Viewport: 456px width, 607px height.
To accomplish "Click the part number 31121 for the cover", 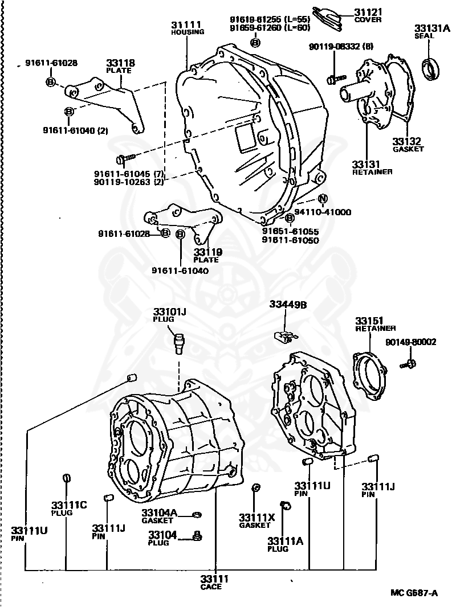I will (x=368, y=11).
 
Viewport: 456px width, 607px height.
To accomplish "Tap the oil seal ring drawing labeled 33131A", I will (x=432, y=68).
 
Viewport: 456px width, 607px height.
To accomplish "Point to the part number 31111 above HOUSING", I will (x=186, y=24).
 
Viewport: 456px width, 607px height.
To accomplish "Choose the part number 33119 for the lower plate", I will (x=207, y=252).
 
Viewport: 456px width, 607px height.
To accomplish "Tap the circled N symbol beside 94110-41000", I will (x=323, y=199).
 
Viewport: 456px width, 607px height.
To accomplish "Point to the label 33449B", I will (x=288, y=305).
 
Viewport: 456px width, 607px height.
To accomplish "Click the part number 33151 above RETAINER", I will (x=369, y=321).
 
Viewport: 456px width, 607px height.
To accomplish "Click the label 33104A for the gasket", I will (x=160, y=512).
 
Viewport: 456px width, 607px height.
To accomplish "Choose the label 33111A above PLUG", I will (x=286, y=540).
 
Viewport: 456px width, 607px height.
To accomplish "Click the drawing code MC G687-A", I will (x=414, y=593).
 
